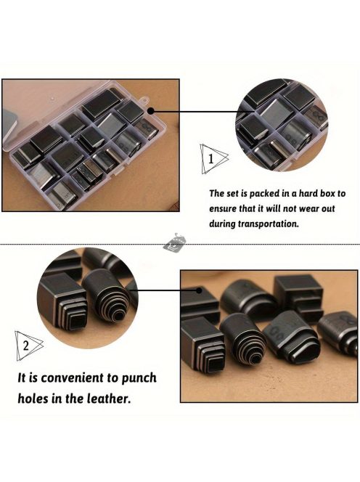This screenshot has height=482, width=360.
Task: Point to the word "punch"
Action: [x=139, y=379]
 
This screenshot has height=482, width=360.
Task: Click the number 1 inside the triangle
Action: [x=211, y=159]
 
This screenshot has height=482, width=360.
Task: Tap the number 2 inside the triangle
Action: [x=26, y=346]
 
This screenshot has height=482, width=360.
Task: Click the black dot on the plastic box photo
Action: [x=151, y=111]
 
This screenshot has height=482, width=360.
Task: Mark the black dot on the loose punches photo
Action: [x=199, y=290]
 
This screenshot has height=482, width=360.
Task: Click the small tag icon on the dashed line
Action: [x=174, y=242]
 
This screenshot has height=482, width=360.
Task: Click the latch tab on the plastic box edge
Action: [x=144, y=100]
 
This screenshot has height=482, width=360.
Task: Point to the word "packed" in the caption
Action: [x=263, y=194]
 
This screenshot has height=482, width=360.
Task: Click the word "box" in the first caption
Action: [x=328, y=193]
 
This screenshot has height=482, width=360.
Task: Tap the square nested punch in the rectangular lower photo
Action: [x=203, y=344]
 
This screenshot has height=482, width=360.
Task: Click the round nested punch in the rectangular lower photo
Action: [x=243, y=338]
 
